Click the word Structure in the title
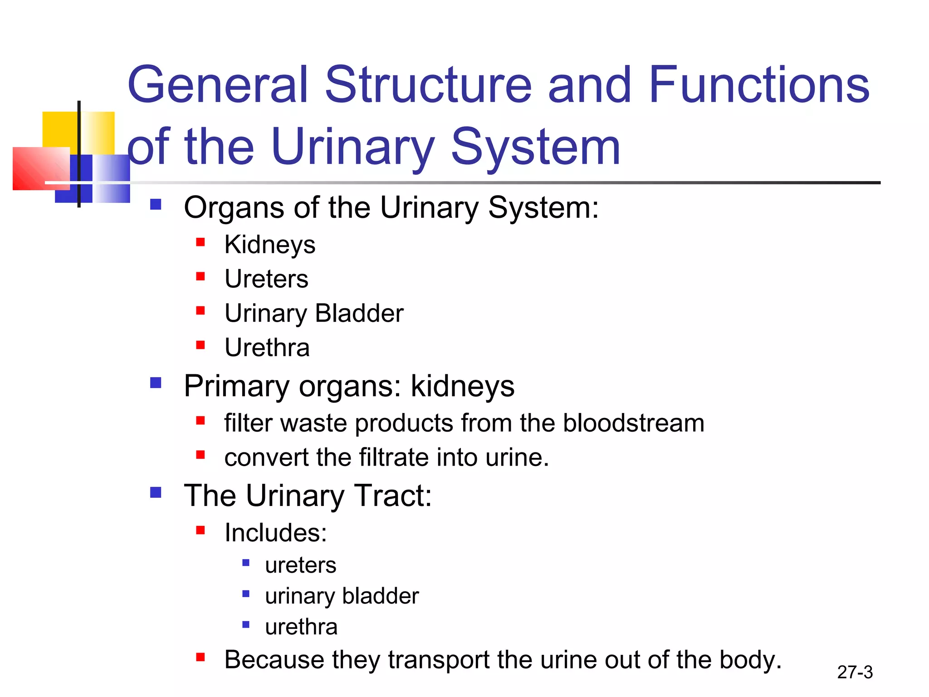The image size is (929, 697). tap(428, 85)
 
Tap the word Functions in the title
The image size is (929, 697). tap(758, 85)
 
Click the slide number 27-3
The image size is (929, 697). tap(855, 672)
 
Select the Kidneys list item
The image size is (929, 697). tap(270, 245)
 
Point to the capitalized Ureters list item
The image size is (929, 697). tap(266, 279)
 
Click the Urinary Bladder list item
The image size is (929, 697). tap(314, 313)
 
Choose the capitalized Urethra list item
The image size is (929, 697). tap(267, 348)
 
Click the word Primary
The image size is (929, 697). tap(236, 387)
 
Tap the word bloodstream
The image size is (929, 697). tap(633, 423)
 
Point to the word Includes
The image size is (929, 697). tap(275, 533)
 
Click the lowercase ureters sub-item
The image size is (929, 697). tap(301, 565)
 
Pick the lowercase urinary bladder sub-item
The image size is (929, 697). tap(342, 596)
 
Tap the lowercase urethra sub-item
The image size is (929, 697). tap(301, 627)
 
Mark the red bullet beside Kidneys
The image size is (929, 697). tap(200, 242)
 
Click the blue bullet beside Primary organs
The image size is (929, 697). tap(156, 383)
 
